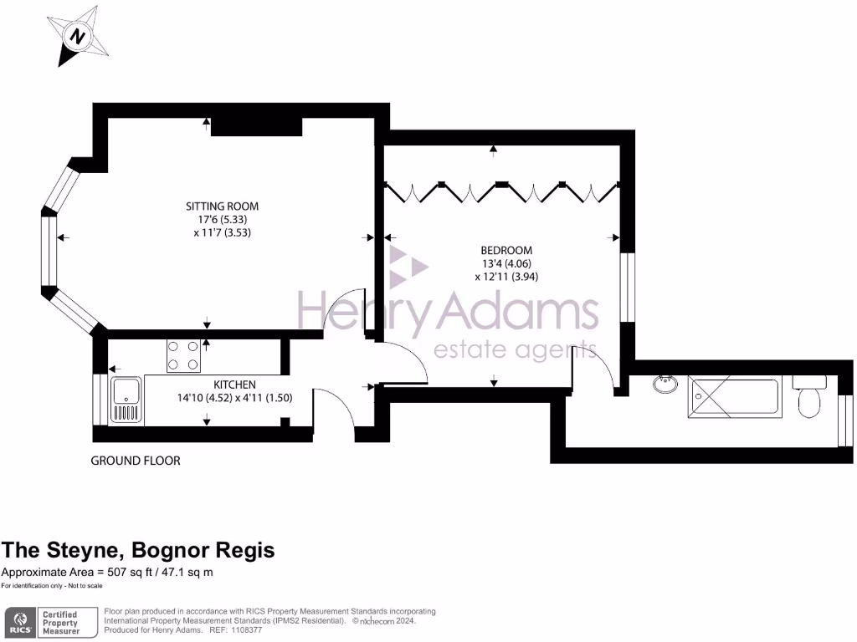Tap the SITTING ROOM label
point(222,206)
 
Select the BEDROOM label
point(505,250)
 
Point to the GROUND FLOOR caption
point(135,461)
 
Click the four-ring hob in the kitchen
point(183,354)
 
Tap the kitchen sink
point(126,400)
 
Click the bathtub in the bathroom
point(734,396)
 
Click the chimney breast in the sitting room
point(255,126)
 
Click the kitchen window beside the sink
point(100,400)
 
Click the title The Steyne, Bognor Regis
point(138,550)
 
